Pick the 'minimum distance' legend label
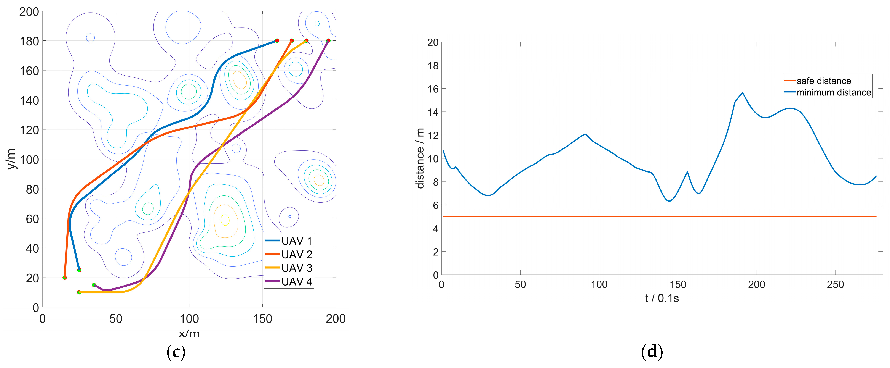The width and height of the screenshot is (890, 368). click(x=834, y=92)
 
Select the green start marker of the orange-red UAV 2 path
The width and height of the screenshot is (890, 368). click(x=65, y=277)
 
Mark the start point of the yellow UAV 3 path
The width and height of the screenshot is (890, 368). click(x=79, y=292)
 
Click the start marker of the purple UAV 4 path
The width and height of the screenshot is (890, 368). click(x=94, y=285)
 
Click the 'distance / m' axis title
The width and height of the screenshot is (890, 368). click(x=420, y=158)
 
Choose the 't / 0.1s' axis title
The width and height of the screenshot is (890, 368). click(x=662, y=298)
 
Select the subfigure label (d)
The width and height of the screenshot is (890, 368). click(x=652, y=352)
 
